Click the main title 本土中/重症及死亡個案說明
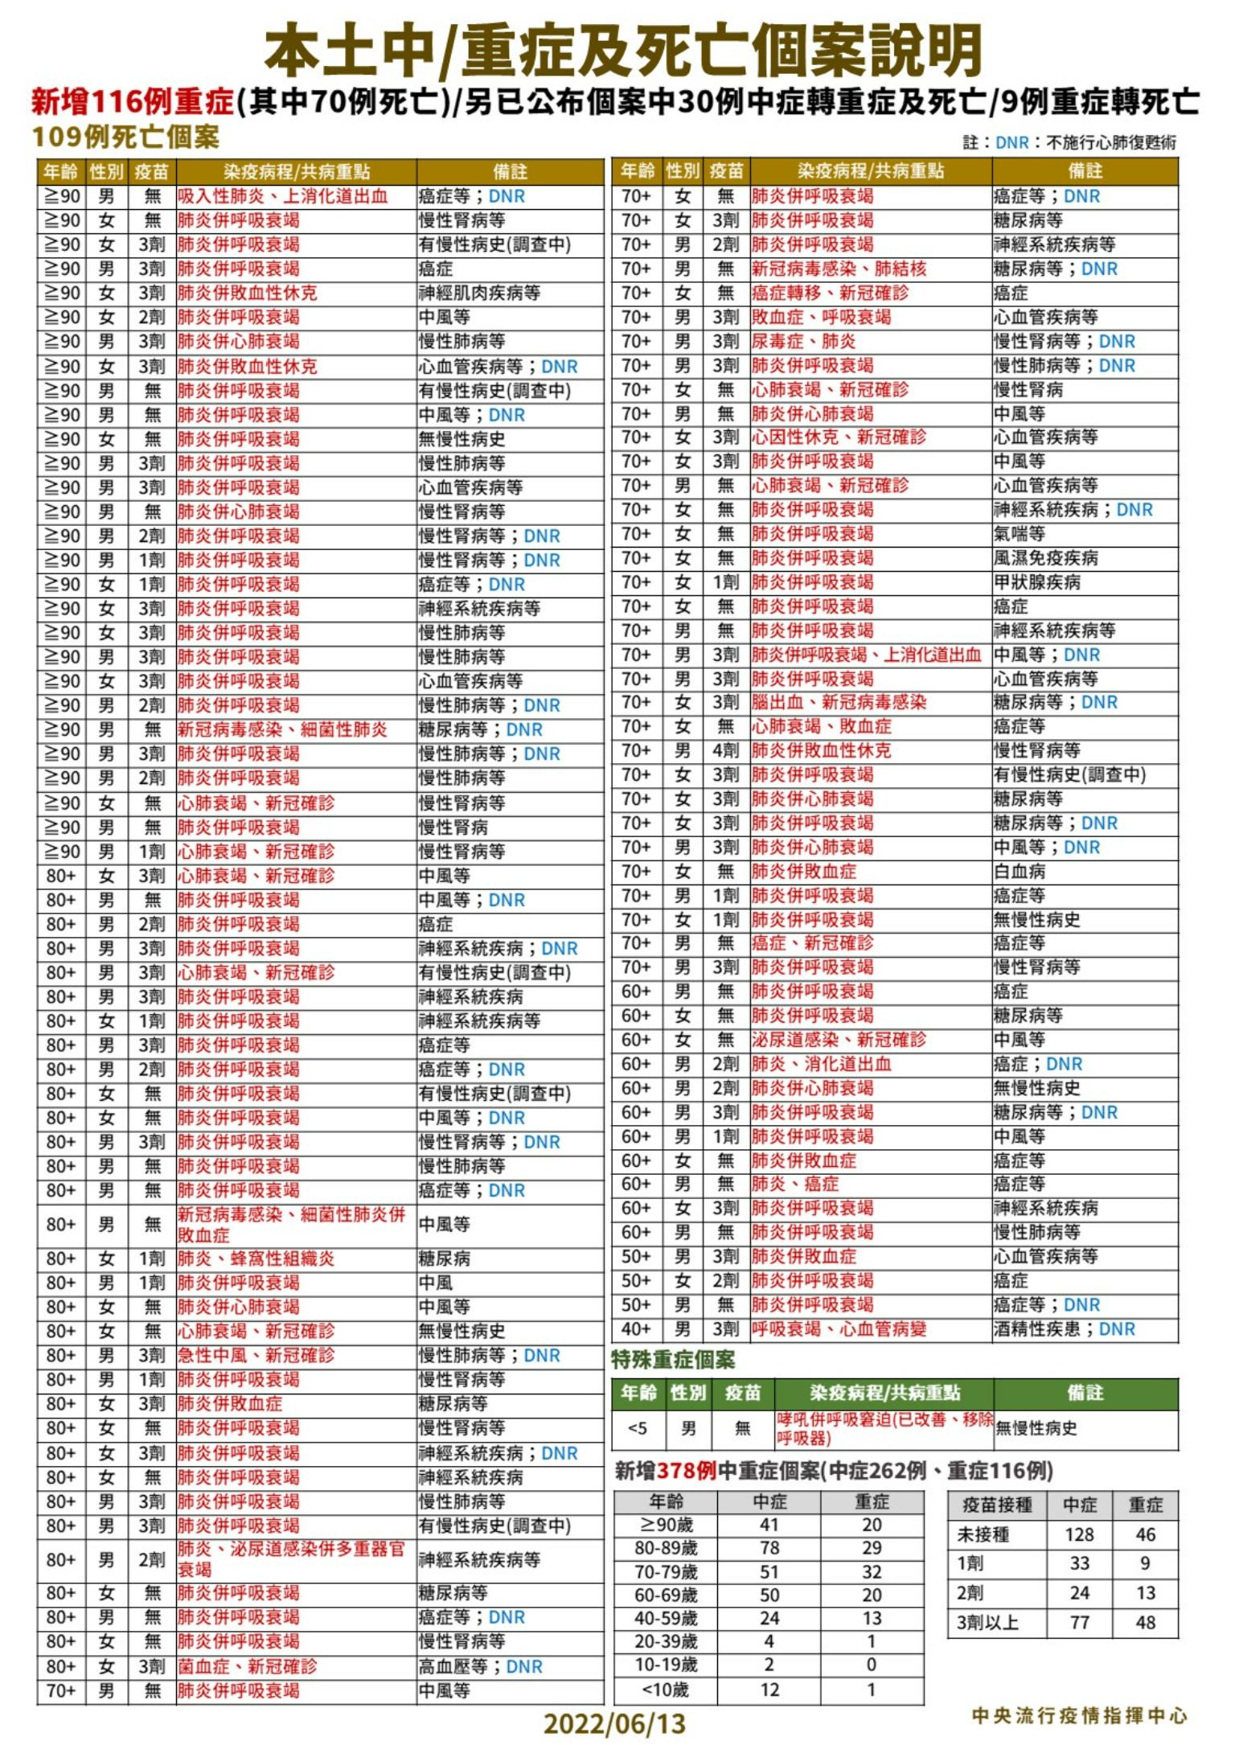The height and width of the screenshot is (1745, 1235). click(x=623, y=50)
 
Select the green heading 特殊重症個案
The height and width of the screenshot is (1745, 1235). click(x=673, y=1360)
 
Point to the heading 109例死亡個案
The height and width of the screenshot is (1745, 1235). click(x=125, y=138)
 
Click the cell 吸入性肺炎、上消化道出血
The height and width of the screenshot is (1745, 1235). click(x=283, y=196)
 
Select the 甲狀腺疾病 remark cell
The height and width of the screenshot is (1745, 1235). click(x=1037, y=582)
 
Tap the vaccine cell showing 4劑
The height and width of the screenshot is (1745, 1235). click(x=725, y=751)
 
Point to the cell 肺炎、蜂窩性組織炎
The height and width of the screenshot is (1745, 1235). click(x=256, y=1258)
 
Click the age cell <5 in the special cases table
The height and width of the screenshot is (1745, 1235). click(x=637, y=1428)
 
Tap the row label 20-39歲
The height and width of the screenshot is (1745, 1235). click(x=666, y=1641)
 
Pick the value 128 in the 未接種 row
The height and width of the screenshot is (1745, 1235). click(x=1079, y=1534)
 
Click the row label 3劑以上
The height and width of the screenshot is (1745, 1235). click(x=987, y=1623)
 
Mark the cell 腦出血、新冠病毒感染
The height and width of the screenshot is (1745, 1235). click(x=839, y=702)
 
